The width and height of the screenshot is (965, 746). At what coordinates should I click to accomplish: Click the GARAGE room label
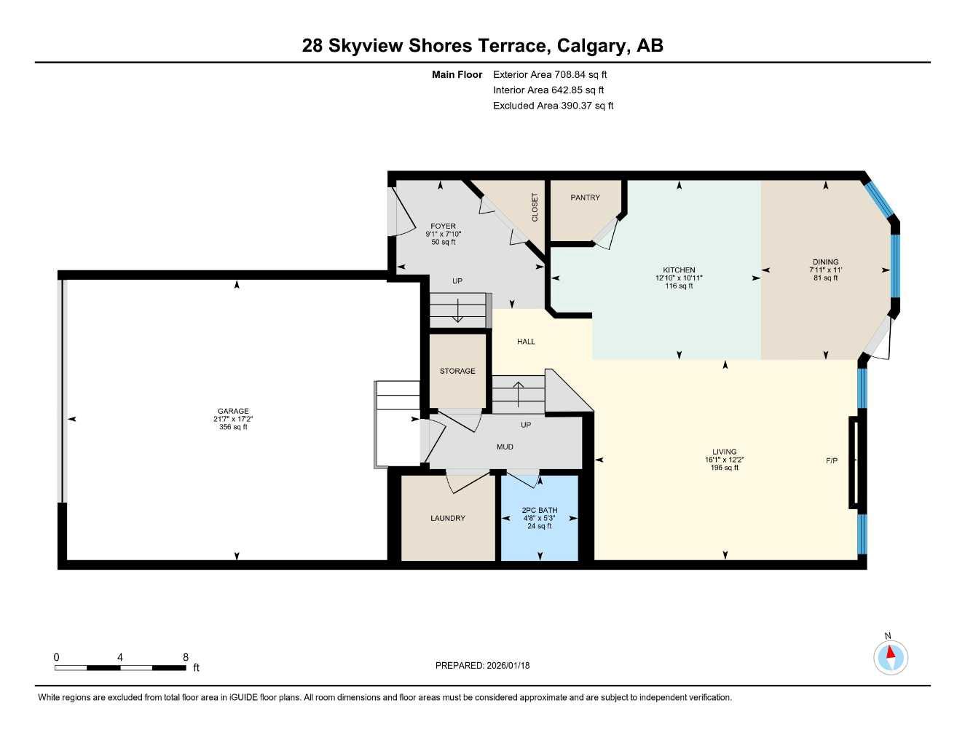pyautogui.click(x=233, y=411)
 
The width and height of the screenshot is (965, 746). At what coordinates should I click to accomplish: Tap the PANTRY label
pyautogui.click(x=585, y=197)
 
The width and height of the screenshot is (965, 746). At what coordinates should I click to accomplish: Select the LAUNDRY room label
pyautogui.click(x=447, y=518)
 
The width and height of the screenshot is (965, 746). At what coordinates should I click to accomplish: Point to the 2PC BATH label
pyautogui.click(x=539, y=510)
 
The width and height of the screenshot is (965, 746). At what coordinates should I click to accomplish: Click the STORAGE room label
pyautogui.click(x=457, y=371)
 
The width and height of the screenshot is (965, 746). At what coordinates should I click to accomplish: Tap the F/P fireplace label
pyautogui.click(x=831, y=460)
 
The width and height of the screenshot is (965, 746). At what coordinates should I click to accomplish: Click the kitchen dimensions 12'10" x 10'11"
pyautogui.click(x=679, y=278)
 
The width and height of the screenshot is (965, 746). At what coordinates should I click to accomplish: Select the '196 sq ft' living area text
pyautogui.click(x=724, y=468)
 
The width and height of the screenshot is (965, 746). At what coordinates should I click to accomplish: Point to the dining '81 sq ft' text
pyautogui.click(x=825, y=278)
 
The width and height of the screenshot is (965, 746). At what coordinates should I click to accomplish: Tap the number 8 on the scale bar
pyautogui.click(x=186, y=657)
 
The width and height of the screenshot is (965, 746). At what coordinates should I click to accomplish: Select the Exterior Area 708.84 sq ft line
pyautogui.click(x=550, y=74)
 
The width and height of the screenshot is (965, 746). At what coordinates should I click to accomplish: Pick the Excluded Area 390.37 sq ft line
pyautogui.click(x=553, y=106)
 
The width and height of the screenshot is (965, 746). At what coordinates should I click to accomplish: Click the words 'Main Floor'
pyautogui.click(x=457, y=74)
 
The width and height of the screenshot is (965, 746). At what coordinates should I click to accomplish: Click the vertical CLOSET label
pyautogui.click(x=535, y=207)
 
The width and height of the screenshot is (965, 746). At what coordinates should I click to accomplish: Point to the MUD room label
pyautogui.click(x=505, y=447)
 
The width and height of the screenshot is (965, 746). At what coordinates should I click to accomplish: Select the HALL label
pyautogui.click(x=526, y=341)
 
